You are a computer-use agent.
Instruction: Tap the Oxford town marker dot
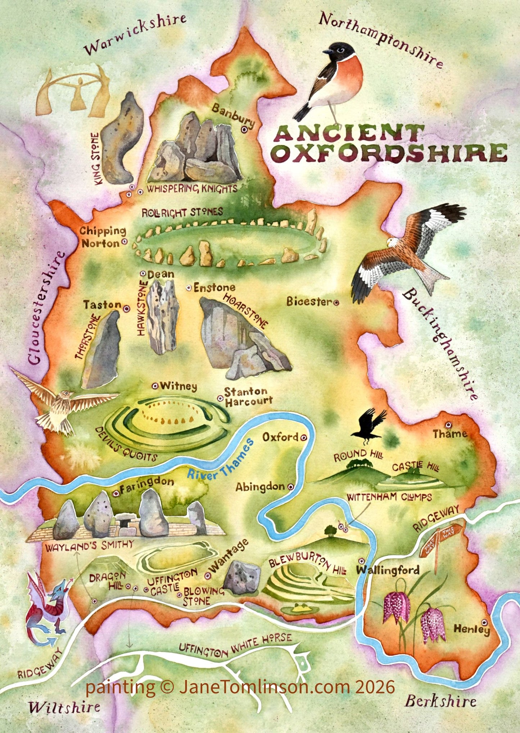pos(303,438)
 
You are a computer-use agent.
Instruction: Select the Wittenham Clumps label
pos(389,497)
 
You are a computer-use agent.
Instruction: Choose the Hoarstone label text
pos(246,311)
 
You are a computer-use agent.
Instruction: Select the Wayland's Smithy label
pos(89,545)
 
